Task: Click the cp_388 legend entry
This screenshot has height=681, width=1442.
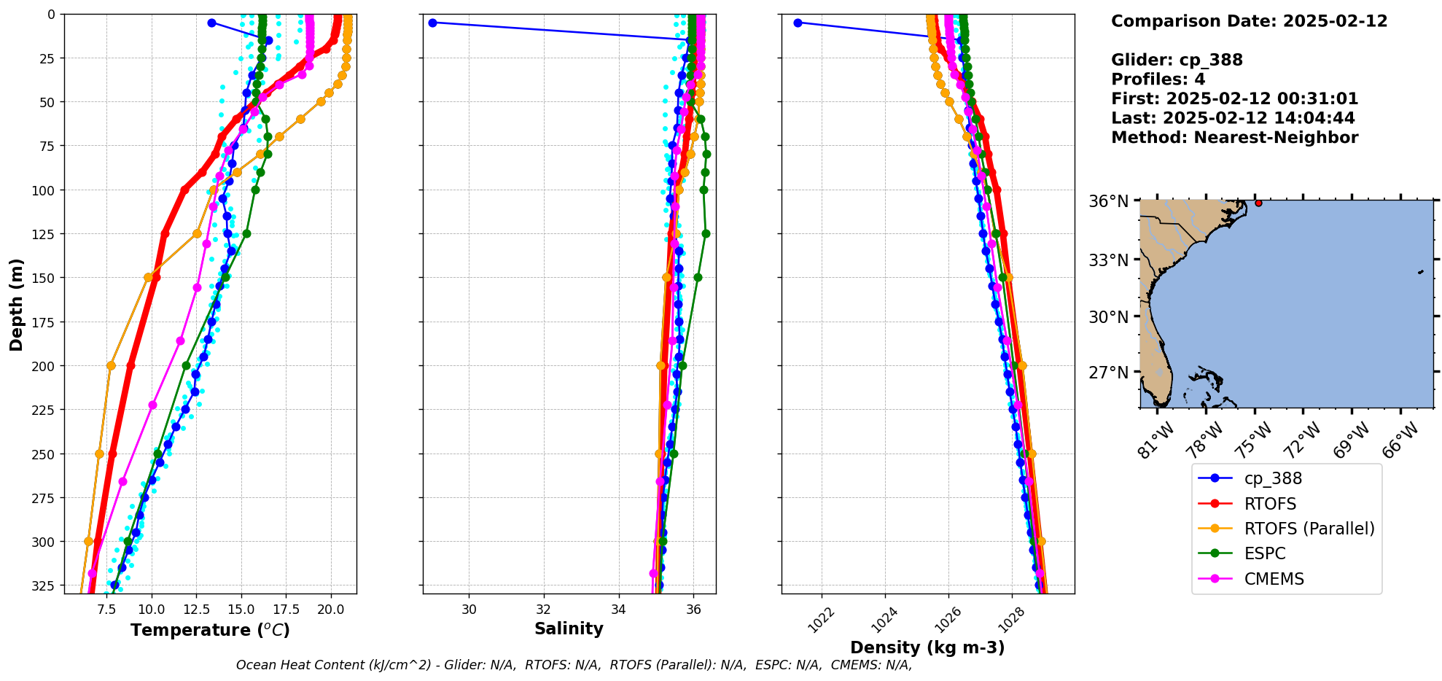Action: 1272,478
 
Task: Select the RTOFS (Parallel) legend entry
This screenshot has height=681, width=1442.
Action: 1309,529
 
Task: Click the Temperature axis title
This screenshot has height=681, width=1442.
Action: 210,630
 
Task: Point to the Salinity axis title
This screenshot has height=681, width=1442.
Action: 569,629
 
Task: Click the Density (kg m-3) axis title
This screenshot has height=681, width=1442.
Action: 927,647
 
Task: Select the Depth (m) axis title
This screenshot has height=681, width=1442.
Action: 16,304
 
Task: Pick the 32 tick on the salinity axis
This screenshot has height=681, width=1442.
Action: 544,610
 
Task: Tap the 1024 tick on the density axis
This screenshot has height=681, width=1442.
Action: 884,620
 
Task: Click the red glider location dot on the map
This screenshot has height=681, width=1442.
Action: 1258,203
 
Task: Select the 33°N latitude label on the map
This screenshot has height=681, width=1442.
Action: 1108,260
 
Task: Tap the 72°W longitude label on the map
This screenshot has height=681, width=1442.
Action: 1303,440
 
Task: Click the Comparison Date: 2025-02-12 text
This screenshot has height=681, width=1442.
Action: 1249,21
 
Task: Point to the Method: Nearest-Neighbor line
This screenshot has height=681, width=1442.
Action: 1234,138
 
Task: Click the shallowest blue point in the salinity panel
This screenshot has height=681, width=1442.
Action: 432,23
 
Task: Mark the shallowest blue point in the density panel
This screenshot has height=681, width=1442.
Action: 798,23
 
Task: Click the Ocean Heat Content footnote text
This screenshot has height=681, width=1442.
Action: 574,665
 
